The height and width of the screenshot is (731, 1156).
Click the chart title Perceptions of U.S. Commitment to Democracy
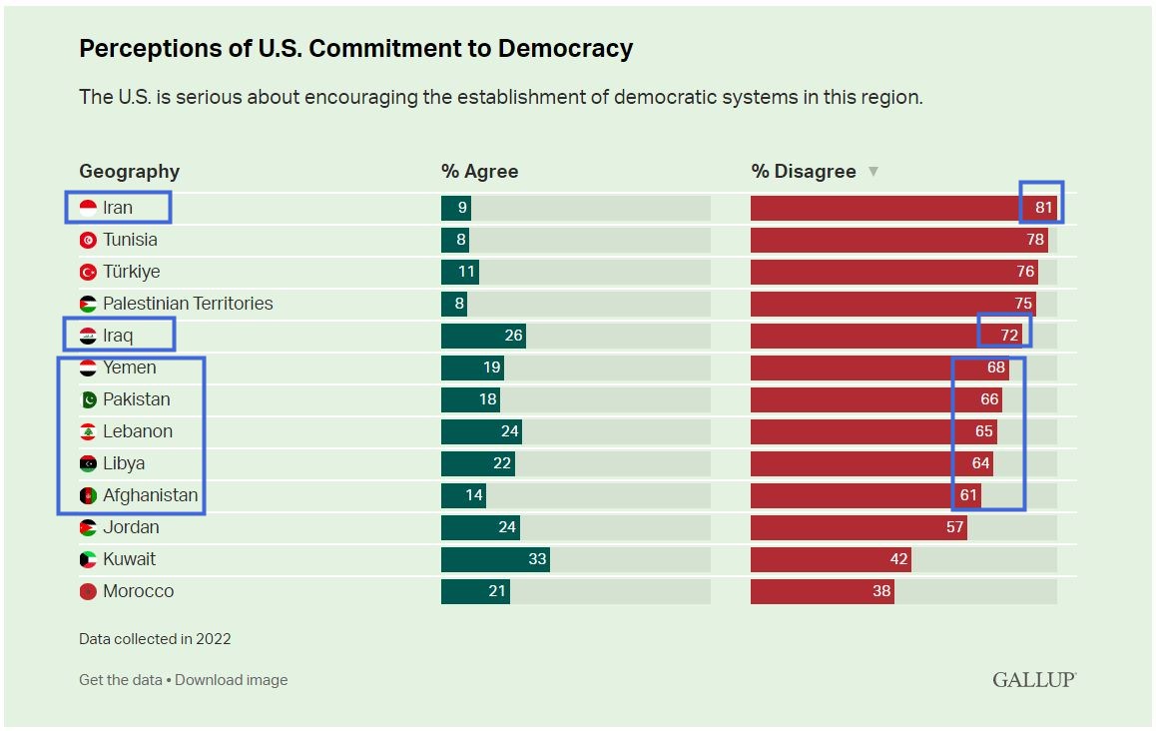[355, 48]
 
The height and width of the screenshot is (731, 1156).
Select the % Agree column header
[479, 172]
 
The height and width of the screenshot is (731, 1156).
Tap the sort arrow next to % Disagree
[873, 172]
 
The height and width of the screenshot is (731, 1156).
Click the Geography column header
[129, 172]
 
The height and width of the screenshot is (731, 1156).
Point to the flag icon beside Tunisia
[88, 240]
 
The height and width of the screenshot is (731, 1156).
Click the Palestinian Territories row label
[188, 304]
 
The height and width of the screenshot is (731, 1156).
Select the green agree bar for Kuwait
[495, 559]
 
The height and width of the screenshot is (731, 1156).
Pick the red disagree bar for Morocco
[822, 591]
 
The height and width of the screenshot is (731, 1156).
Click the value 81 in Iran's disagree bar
[1044, 208]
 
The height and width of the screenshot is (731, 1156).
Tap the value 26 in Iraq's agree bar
[513, 336]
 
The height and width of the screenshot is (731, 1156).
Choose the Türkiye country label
[131, 272]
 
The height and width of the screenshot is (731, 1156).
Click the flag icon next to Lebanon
[88, 431]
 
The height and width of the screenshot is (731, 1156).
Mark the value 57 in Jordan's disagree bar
[955, 527]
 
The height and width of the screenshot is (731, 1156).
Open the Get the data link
[120, 680]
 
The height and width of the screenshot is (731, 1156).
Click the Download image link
[232, 680]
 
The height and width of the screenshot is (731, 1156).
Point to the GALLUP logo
[1033, 680]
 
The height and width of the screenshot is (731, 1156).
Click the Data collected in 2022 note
[155, 639]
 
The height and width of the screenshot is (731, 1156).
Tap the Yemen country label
[129, 367]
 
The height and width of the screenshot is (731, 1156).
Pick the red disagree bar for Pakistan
[875, 399]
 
